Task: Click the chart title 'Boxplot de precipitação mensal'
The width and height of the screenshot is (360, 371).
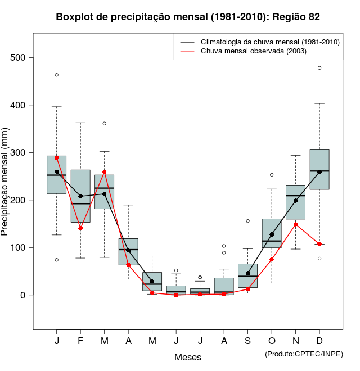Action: click(x=188, y=17)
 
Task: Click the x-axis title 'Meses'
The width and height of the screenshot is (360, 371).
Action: click(x=188, y=357)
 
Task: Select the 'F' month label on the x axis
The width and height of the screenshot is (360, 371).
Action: click(x=80, y=341)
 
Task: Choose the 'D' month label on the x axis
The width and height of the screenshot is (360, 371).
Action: click(x=319, y=341)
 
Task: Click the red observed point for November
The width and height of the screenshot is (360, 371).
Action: click(x=295, y=224)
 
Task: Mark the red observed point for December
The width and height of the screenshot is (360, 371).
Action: click(x=319, y=244)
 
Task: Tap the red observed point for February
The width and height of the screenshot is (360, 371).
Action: click(x=80, y=228)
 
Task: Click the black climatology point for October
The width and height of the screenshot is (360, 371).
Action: click(x=272, y=234)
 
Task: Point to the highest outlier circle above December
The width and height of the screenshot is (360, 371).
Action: click(x=319, y=68)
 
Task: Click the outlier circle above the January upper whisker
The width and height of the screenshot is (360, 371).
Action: click(x=56, y=75)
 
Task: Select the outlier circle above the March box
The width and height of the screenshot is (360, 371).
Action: click(x=104, y=123)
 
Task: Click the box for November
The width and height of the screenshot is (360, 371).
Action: click(x=295, y=202)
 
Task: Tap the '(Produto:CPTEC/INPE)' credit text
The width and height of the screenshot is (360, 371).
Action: click(x=304, y=354)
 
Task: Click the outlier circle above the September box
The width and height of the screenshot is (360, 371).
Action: click(x=247, y=221)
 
